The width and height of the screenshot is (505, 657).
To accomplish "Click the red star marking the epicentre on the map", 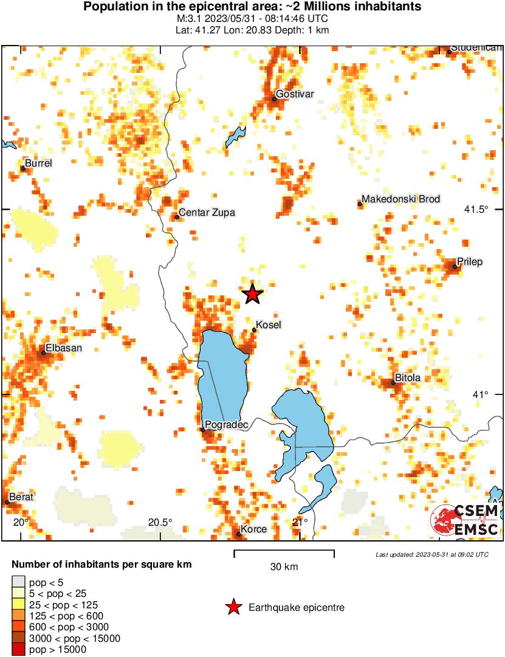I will click(252, 294).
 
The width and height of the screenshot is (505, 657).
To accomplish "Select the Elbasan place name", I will click(63, 348).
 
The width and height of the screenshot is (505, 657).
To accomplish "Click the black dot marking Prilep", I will click(455, 267).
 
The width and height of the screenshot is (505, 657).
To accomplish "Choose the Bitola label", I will click(408, 378).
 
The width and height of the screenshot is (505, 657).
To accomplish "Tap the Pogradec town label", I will click(227, 425).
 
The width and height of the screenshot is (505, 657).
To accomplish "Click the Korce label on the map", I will click(253, 529).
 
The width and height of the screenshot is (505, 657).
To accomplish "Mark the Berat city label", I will click(21, 497).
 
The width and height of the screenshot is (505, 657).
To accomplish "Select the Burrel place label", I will click(38, 163).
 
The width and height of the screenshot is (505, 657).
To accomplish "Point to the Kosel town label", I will click(269, 325).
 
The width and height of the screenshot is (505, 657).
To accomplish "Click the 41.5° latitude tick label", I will click(476, 209).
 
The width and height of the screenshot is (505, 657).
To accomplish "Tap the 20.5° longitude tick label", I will click(160, 522).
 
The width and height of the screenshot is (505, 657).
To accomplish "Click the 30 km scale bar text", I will click(284, 567).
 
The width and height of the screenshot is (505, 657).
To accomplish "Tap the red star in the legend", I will click(233, 607).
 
